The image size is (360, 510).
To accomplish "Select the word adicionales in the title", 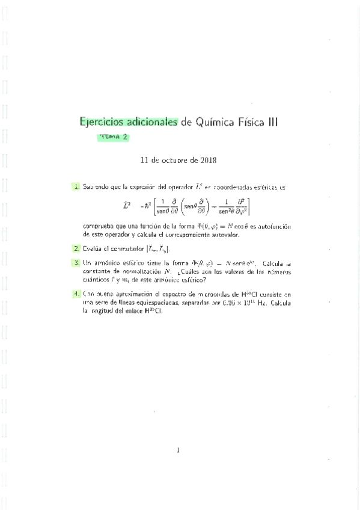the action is [150, 122].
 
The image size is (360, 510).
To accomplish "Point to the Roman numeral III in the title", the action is [272, 122].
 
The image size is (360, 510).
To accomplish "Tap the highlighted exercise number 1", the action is [77, 187].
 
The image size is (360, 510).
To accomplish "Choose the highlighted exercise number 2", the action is [77, 248].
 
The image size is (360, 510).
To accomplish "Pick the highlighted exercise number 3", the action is [77, 263].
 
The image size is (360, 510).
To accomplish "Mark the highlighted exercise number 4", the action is [77, 294].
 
